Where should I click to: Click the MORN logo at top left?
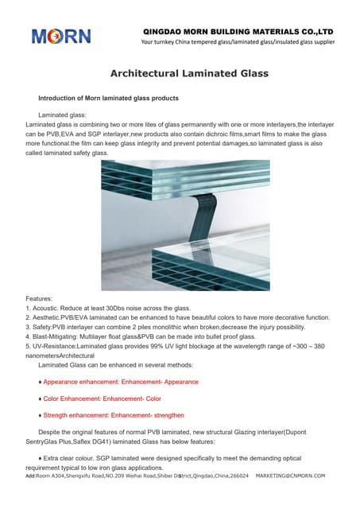coord(61,36)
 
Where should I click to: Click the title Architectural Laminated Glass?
coord(188,73)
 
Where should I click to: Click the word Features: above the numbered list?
coord(41,298)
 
